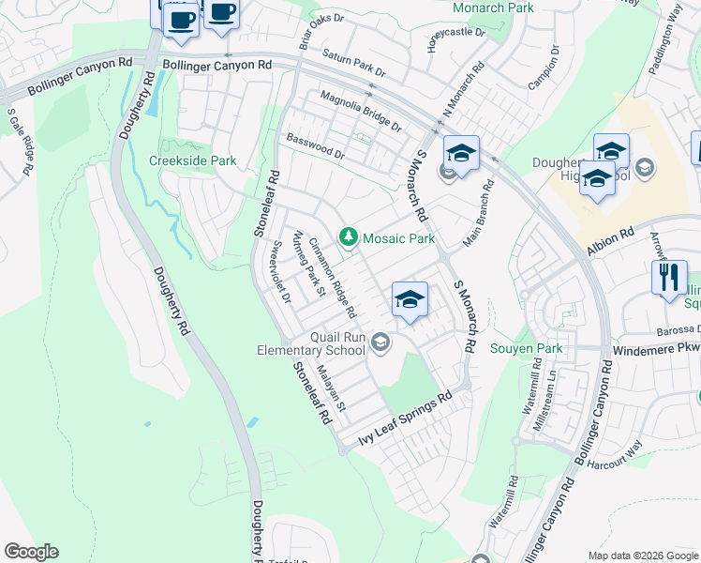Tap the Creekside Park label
[x=193, y=160]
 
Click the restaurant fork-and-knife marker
[x=669, y=277]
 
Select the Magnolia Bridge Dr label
[x=360, y=111]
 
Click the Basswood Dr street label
[x=316, y=146]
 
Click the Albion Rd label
[x=611, y=243]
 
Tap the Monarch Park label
[x=493, y=8]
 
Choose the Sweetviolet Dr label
[x=280, y=272]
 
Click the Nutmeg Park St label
[x=308, y=265]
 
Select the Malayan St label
[x=332, y=388]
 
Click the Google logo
[x=31, y=552]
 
